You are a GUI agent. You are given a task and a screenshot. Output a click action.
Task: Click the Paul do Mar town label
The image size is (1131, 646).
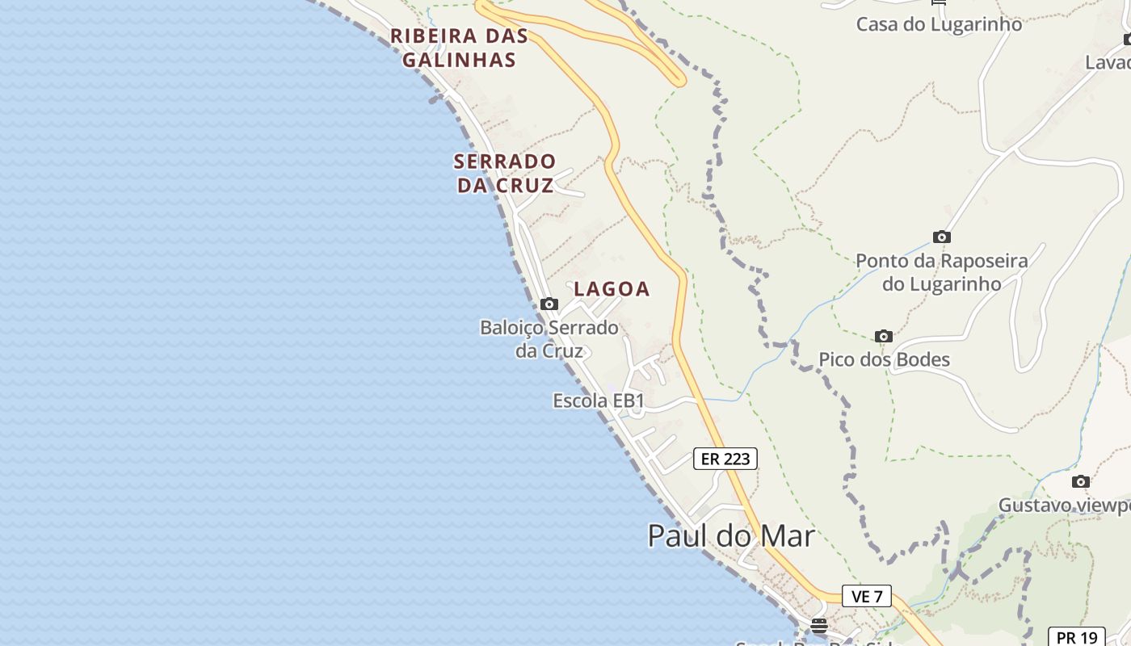tap(731, 536)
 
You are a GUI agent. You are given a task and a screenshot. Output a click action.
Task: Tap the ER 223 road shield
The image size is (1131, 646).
tap(725, 459)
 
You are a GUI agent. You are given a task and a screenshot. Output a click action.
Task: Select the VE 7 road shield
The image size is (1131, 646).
tap(867, 597)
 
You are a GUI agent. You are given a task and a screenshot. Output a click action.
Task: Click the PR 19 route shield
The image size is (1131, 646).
tap(1076, 637)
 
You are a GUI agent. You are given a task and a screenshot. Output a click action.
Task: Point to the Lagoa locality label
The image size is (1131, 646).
tap(612, 289)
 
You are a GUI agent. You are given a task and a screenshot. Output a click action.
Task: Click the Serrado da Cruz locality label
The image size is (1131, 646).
tap(505, 173)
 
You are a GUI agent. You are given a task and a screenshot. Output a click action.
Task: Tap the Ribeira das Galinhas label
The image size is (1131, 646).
tap(459, 48)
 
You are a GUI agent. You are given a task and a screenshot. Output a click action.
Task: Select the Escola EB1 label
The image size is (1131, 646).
tap(599, 401)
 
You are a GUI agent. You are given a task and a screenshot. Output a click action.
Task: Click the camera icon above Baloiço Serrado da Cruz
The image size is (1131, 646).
tap(549, 304)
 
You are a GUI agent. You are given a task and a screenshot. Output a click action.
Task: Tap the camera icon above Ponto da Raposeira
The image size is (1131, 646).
tap(941, 237)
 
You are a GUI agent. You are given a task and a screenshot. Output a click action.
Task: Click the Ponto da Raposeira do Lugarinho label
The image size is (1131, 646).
tap(941, 272)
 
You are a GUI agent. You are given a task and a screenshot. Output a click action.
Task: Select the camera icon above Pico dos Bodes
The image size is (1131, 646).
tap(884, 336)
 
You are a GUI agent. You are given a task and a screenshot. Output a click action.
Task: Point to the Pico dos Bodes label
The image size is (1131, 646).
tap(884, 359)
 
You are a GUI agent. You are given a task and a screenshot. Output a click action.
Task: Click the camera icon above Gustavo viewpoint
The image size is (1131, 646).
tap(1081, 482)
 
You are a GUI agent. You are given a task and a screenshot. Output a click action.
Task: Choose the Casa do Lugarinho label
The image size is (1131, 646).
tap(939, 24)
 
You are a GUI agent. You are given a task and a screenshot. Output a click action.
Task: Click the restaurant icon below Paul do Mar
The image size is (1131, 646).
tap(819, 625)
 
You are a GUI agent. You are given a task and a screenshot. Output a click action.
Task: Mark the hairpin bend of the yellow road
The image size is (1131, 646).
tap(679, 79)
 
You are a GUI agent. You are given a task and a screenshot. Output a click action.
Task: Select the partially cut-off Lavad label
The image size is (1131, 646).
tap(1108, 62)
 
